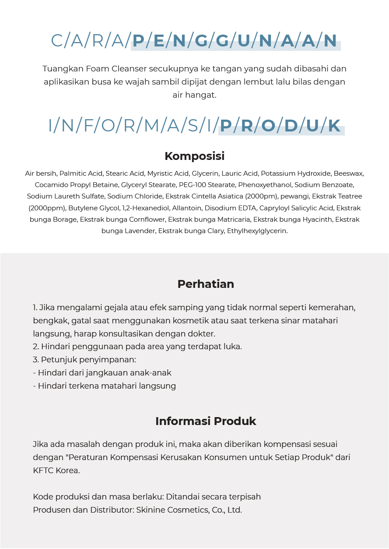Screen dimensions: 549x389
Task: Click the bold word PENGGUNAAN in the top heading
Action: (235, 41)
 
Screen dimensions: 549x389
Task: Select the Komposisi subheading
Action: (194, 156)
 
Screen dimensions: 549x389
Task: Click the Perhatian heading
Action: (206, 284)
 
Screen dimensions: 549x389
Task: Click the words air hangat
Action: (194, 95)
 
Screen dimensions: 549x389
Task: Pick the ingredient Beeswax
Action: (348, 174)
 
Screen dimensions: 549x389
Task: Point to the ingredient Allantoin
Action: (189, 208)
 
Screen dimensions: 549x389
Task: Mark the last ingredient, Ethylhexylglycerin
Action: (257, 230)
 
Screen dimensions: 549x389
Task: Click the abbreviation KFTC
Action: (43, 471)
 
